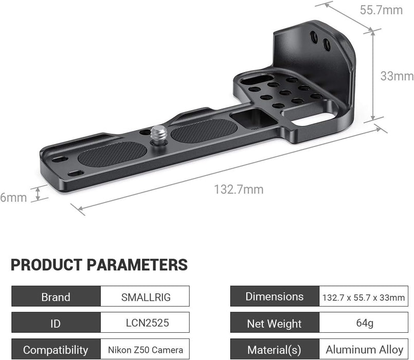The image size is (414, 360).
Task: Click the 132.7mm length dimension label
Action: (239, 190)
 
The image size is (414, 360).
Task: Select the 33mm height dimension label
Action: (397, 76)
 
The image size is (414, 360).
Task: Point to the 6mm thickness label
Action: (13, 197)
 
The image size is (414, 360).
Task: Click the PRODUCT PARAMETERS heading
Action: (99, 265)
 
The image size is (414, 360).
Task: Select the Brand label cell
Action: (56, 297)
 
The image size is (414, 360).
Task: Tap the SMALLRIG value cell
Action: (145, 297)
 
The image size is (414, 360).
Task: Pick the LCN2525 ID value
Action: (145, 323)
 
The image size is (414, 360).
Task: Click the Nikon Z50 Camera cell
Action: (145, 350)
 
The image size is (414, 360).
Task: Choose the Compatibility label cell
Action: (56, 350)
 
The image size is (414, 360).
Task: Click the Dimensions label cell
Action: (275, 297)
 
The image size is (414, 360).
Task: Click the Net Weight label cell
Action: (275, 323)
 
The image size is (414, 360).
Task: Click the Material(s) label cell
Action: (275, 350)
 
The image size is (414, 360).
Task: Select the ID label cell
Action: (56, 323)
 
